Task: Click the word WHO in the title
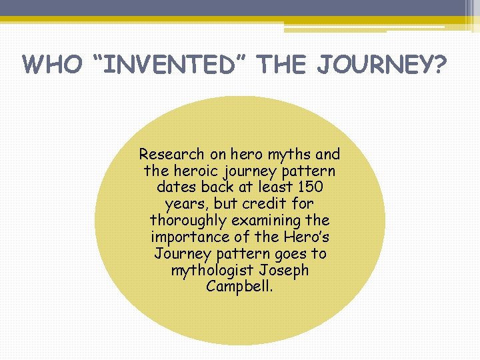coord(51,65)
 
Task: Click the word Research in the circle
coord(171,155)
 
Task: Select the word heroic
coord(193,171)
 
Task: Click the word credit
coord(269,204)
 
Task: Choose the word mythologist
coord(211,271)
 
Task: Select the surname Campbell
coord(239,287)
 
